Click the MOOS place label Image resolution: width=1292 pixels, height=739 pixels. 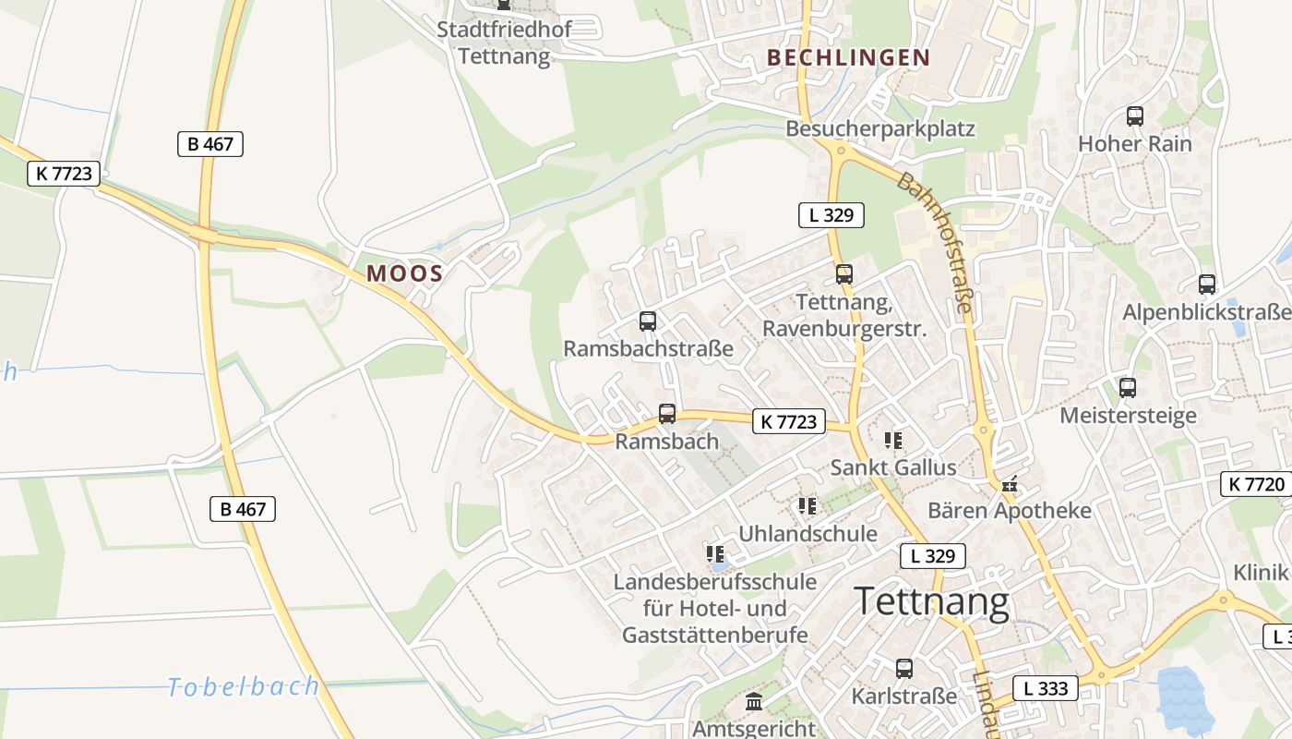pos(405,273)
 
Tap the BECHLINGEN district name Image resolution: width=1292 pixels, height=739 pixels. pos(848,58)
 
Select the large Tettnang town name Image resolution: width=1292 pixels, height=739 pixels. pos(931,602)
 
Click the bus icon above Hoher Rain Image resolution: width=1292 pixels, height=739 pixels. pos(1135,116)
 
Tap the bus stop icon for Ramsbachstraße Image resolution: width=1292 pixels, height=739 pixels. pos(648,321)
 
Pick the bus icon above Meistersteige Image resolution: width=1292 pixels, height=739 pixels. pos(1127,388)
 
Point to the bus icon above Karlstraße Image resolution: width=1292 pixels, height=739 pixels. pos(904,668)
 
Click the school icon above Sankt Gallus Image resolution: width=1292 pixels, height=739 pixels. pos(892,440)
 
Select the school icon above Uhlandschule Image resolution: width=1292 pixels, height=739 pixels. pos(807,506)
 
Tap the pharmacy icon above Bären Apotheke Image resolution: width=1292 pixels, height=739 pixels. pos(1010,483)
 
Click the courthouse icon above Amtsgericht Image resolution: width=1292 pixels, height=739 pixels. pos(754,702)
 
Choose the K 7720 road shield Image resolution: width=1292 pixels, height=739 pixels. pos(1255,484)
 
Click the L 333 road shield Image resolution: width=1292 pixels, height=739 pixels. pos(1046,688)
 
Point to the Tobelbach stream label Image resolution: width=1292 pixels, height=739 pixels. pos(244,686)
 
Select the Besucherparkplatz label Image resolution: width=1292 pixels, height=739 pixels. pos(879,128)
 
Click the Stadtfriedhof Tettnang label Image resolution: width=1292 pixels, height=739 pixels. pos(504,42)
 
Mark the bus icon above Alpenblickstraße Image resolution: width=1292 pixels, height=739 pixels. pos(1206,285)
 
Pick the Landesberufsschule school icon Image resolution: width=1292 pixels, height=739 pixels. pos(715,554)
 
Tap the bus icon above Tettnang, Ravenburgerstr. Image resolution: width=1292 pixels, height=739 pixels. pos(843,274)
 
